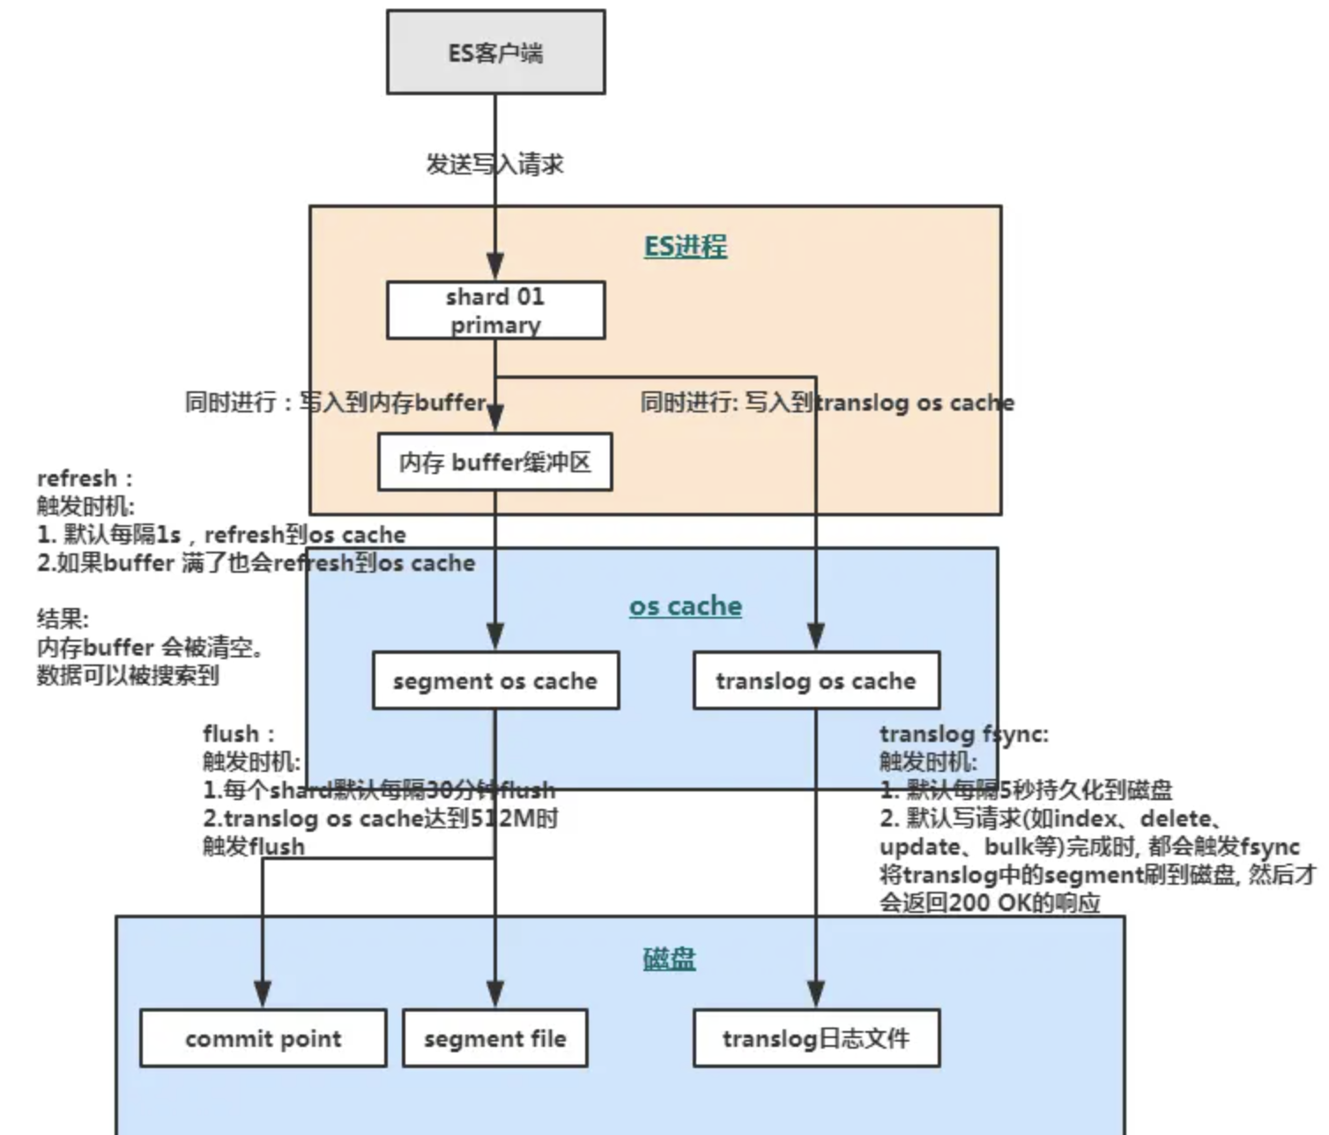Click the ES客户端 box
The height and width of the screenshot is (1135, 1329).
[x=495, y=53]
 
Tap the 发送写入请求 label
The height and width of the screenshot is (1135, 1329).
[x=494, y=165]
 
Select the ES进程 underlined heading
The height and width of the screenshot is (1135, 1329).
[x=685, y=246]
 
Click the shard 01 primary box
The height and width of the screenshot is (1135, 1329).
[x=495, y=310]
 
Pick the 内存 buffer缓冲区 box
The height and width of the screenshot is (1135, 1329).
[x=494, y=462]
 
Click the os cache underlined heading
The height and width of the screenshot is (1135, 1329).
[x=685, y=606]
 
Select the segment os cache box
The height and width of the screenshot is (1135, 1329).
[x=495, y=680]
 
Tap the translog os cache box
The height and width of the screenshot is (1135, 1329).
[x=816, y=680]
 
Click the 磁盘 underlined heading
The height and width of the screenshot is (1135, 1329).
[x=669, y=959]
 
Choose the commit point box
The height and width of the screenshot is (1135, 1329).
[x=263, y=1038]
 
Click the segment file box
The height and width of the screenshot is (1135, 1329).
[x=494, y=1038]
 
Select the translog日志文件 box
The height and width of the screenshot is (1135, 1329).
[x=816, y=1038]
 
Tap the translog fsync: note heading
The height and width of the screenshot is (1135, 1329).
[x=963, y=734]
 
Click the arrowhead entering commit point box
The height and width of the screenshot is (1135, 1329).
[x=263, y=994]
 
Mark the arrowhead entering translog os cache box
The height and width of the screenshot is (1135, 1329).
[x=816, y=636]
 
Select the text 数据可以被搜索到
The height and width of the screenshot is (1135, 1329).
[x=128, y=676]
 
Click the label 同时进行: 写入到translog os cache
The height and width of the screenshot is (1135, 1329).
[x=827, y=404]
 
